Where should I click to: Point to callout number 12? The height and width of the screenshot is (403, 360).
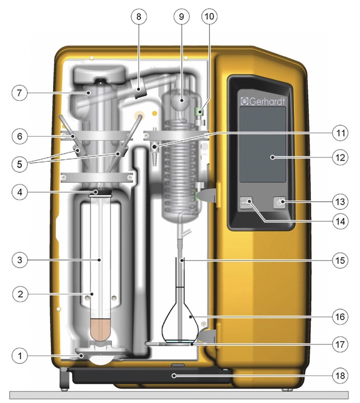coord(340,156)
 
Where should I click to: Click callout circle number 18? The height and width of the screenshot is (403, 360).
coord(340,376)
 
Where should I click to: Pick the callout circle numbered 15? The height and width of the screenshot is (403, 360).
coord(340,260)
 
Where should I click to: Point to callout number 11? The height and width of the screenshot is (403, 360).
coord(340,134)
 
